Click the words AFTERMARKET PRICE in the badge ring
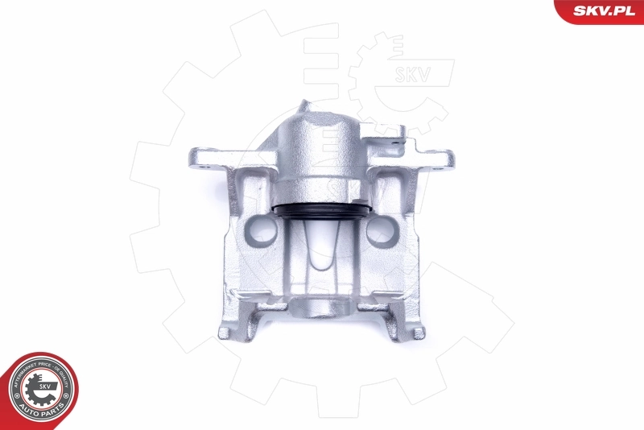[24, 375]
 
